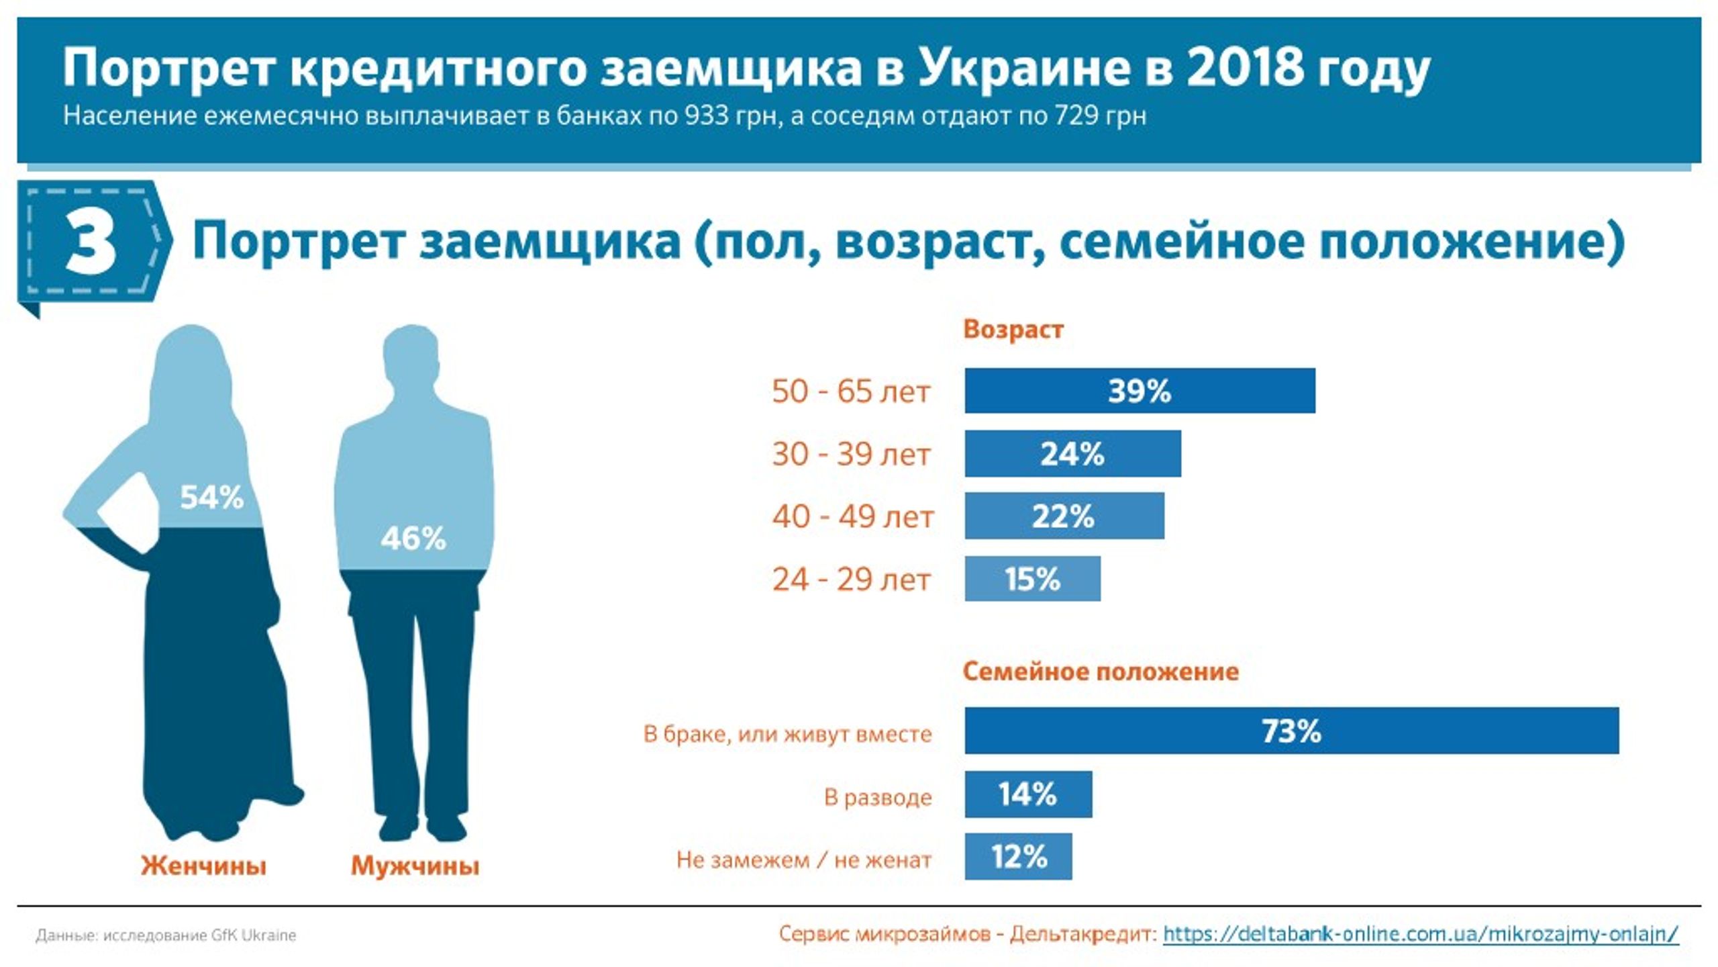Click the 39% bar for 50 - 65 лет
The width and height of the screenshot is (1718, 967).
point(1140,390)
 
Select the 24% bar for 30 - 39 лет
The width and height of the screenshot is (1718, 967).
point(1072,453)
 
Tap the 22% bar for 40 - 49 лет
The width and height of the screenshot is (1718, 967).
point(1064,516)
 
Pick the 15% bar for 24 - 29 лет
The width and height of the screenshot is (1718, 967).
point(1033,578)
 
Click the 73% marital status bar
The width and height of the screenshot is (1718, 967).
point(1292,730)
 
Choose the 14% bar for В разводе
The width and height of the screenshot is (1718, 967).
point(1028,794)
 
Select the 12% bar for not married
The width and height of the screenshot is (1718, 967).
point(1018,856)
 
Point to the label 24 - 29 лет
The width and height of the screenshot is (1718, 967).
point(851,579)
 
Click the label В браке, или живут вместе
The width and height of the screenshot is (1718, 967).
point(788,733)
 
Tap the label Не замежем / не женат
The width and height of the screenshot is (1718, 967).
point(804,860)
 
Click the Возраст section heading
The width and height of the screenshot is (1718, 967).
point(1013,330)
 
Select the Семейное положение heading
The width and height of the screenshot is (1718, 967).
point(1101,671)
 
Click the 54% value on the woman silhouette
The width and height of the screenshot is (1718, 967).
point(211,498)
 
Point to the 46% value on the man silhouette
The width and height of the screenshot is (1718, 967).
point(413,538)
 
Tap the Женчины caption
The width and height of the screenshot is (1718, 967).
point(203,866)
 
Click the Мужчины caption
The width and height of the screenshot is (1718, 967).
point(415,866)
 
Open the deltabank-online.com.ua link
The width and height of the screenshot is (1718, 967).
point(1421,933)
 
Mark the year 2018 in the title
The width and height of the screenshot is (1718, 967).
point(1245,68)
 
